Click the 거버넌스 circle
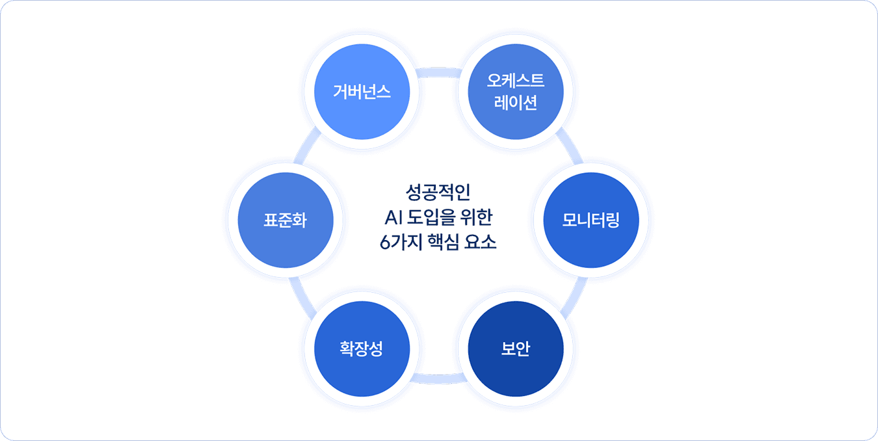pos(362,91)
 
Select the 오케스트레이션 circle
pos(516,91)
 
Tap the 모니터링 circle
pos(591,220)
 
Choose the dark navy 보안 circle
pos(516,349)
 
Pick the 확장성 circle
pos(362,349)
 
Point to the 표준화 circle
pos(285,220)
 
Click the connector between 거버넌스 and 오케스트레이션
pos(439,72)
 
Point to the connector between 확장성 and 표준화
pos(306,296)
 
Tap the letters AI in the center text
pos(395,217)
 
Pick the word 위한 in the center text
pos(479,217)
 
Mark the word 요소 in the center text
pos(483,243)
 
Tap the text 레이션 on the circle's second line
pos(516,102)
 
